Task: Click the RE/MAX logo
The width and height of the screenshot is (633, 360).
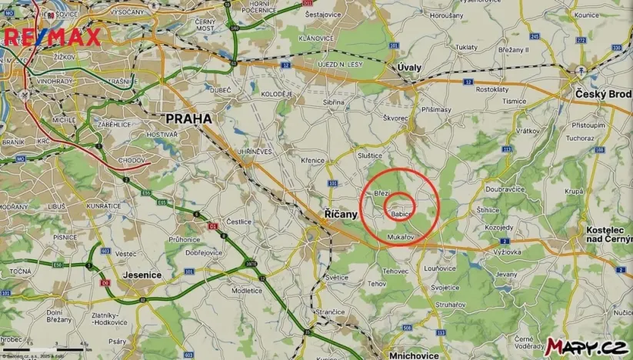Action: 52,38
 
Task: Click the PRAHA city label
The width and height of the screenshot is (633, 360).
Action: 188,119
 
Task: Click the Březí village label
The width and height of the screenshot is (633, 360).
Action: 382,193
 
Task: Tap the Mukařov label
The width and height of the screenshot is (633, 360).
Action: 401,237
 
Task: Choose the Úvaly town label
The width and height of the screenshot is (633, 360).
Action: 409,68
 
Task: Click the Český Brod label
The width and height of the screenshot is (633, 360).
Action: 603,94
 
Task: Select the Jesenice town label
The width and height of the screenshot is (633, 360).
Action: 142,275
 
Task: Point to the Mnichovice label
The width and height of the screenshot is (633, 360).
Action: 414,355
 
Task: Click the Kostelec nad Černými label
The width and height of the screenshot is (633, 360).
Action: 608,235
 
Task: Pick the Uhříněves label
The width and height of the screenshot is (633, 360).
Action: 255,152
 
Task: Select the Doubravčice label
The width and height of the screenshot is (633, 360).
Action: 505,189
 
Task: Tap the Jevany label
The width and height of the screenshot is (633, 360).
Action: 506,274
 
